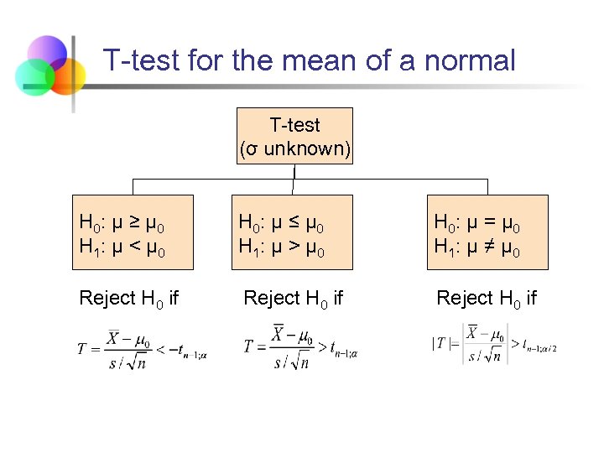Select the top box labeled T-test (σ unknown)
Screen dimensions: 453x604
point(295,136)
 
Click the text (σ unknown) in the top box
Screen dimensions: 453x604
point(295,148)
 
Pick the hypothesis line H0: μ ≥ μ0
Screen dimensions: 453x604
point(122,222)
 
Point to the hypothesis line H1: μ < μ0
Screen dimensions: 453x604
point(122,247)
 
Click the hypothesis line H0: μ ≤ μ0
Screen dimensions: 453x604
point(282,222)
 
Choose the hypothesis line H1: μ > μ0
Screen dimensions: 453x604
point(282,247)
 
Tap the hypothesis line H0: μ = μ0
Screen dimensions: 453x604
point(476,222)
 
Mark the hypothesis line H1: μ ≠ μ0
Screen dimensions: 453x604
point(476,247)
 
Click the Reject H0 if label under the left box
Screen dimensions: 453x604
point(128,298)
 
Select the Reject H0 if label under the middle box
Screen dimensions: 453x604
point(293,298)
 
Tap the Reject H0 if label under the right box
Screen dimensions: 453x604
point(487,298)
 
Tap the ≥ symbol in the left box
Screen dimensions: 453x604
point(134,222)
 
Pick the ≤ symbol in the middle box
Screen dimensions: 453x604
point(294,222)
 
